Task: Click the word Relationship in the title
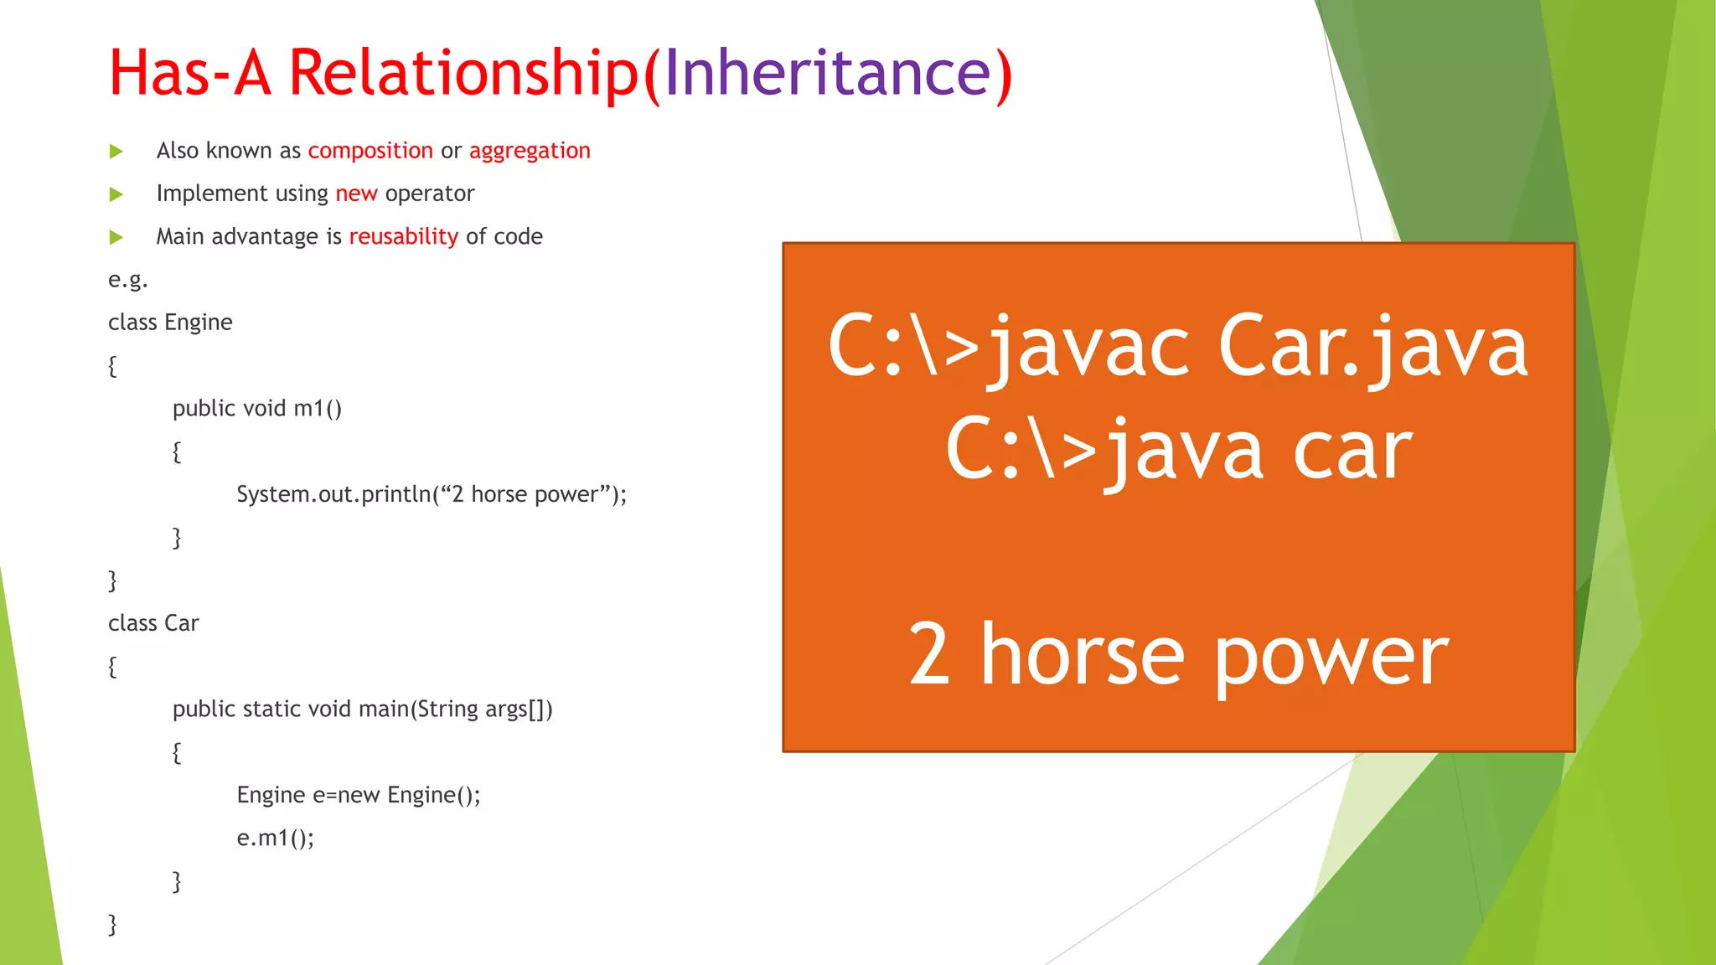(463, 73)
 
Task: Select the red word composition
(370, 151)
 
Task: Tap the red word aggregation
(530, 151)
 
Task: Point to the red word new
(356, 194)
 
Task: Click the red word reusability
(403, 237)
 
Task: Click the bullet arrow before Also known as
(116, 152)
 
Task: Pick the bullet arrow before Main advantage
(116, 238)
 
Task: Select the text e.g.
(127, 280)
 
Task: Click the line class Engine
(170, 323)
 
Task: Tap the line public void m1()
(256, 409)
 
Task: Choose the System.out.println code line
(431, 494)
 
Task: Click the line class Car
(153, 623)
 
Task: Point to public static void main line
(362, 710)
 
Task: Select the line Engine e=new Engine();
(359, 795)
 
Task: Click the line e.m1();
(275, 838)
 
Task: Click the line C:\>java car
(1178, 451)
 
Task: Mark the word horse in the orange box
(1082, 655)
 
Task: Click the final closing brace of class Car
(112, 924)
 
